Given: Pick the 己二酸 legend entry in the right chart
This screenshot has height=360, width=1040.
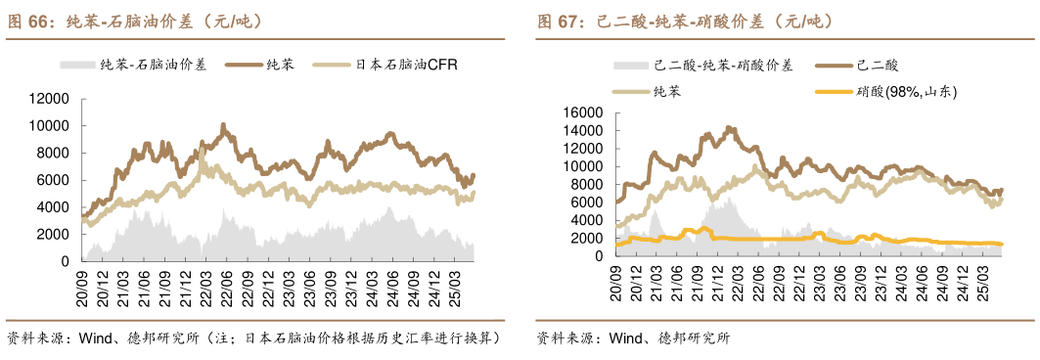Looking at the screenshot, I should [877, 66].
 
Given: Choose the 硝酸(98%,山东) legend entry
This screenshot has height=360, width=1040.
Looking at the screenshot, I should [905, 92].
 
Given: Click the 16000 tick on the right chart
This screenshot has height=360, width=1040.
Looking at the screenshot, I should [580, 113].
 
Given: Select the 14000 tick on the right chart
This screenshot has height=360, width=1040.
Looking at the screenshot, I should [580, 131].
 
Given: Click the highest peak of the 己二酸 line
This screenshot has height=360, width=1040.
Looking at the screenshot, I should [728, 127].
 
